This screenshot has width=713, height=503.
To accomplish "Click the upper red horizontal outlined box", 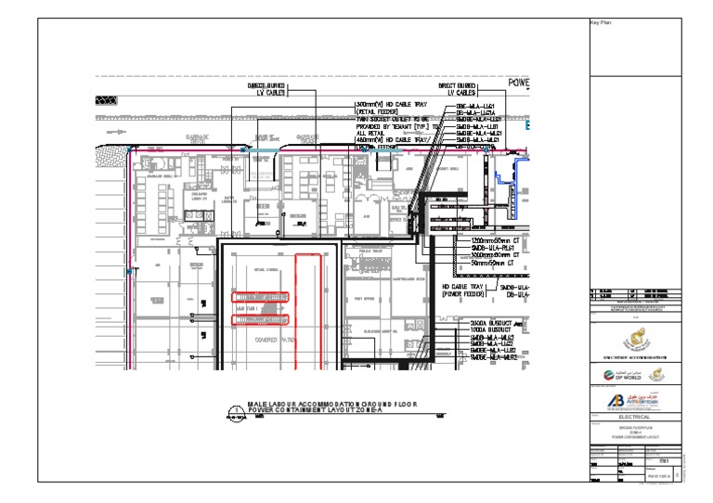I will [261, 297].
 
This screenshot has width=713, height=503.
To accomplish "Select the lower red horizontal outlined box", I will [261, 320].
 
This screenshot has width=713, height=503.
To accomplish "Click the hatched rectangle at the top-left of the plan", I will [107, 98].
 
